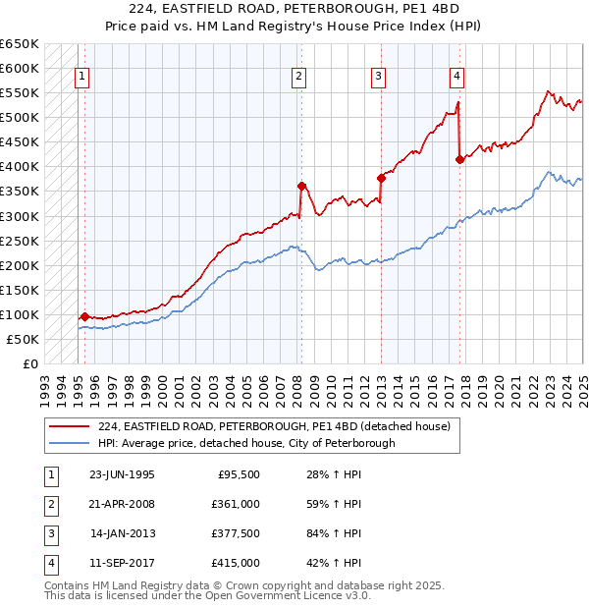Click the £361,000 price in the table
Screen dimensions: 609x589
[x=236, y=504]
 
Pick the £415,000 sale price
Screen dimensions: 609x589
[x=236, y=564]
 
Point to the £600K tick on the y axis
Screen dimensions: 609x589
[x=20, y=68]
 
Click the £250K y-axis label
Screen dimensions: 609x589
[x=20, y=241]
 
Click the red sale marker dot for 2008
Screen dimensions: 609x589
[x=302, y=186]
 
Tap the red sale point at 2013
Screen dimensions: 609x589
[x=381, y=178]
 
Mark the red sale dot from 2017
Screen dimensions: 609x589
[x=459, y=159]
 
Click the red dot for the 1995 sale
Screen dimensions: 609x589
[x=85, y=316]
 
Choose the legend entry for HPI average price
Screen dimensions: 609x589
[x=246, y=443]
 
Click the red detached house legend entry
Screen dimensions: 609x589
[x=274, y=426]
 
